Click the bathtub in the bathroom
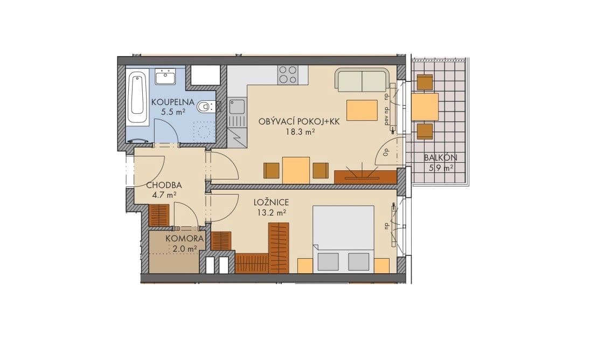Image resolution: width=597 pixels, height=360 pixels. point(137,98)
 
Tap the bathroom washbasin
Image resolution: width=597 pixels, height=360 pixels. point(165,78)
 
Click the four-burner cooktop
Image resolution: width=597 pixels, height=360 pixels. point(288,74)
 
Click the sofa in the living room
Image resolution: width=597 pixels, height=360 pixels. point(362,80)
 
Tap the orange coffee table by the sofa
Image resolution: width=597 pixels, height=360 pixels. point(362,110)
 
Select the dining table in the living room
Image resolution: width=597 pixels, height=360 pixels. point(296,170)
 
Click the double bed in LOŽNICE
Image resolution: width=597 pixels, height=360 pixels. point(344,237)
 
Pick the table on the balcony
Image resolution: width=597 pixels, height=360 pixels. point(425,107)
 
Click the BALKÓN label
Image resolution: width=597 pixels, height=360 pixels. point(440,158)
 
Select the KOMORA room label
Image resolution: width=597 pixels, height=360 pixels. point(184,238)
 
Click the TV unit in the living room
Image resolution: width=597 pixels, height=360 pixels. point(365,177)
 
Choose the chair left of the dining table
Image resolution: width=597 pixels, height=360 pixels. point(272,170)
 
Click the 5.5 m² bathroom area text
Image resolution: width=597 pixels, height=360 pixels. point(172,112)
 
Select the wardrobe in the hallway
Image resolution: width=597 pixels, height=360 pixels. point(159,216)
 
